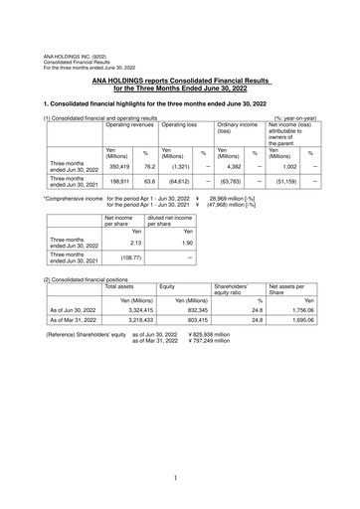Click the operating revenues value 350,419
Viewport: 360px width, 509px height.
(x=119, y=166)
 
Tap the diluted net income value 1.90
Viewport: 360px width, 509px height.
(x=161, y=242)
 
